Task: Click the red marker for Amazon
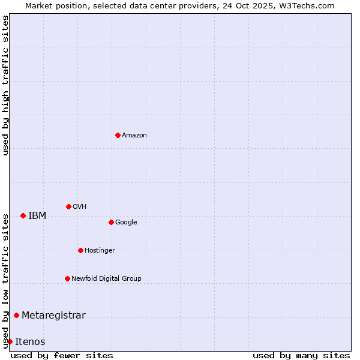coord(118,135)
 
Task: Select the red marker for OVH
coord(68,206)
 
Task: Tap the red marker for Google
coord(111,222)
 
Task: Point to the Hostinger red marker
coord(80,250)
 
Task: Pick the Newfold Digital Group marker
coord(67,278)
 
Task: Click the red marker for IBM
coord(23,215)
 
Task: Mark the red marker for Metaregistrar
coord(16,315)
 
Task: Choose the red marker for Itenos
coord(10,341)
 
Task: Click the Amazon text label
coord(134,136)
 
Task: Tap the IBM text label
coord(37,216)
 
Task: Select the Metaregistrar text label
coord(53,316)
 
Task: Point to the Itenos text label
coord(30,342)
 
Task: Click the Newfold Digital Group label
coord(106,279)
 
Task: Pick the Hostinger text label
coord(100,251)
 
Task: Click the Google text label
coord(126,223)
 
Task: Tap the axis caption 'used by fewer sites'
coord(62,355)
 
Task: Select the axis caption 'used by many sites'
coord(301,355)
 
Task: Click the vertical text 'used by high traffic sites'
coord(5,85)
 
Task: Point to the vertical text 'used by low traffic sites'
coord(5,280)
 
